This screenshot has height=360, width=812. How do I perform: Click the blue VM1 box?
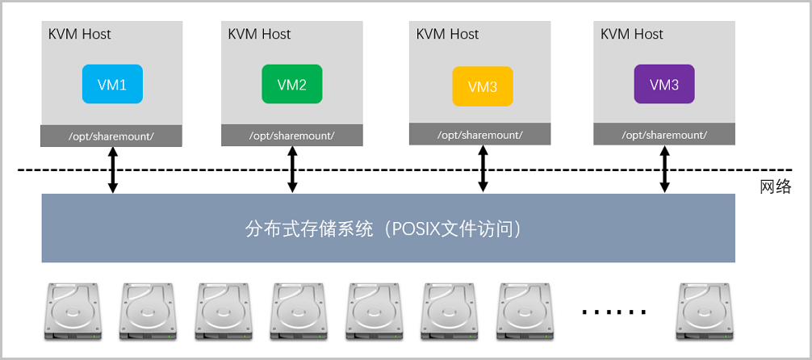point(112,84)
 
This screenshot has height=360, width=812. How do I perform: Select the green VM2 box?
point(291,85)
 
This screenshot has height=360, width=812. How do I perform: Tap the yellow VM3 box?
point(482,86)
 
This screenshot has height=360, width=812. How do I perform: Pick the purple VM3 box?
point(664,84)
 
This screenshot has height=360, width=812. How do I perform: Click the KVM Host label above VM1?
point(80,34)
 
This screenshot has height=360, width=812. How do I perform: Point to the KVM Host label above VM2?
point(259,34)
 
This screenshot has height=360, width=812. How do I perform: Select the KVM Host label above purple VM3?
point(632,34)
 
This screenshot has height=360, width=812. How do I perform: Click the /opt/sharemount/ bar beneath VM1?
point(111,136)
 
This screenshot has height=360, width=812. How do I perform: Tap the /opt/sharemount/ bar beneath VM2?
point(291,135)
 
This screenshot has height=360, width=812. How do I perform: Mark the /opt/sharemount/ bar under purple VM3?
point(663,134)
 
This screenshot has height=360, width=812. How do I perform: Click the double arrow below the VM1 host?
point(113,170)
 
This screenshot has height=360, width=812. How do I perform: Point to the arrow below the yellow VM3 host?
point(483,169)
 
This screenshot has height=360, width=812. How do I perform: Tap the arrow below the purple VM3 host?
point(665,169)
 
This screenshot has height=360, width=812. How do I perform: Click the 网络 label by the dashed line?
point(776,187)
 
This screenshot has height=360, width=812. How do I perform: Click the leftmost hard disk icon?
point(73,310)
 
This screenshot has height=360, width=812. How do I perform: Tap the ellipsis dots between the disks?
point(614,311)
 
